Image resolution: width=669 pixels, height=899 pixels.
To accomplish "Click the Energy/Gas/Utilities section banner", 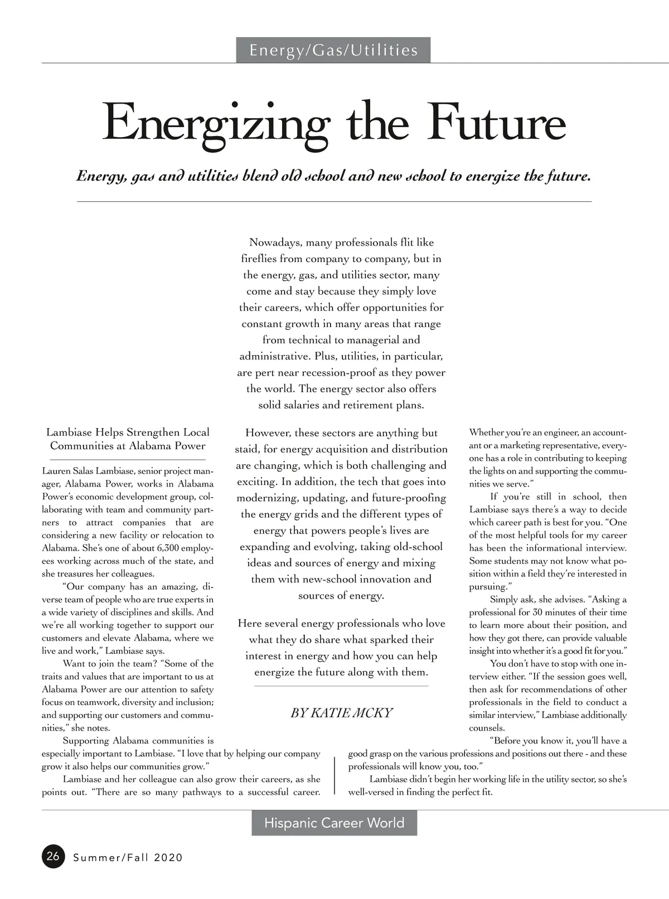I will (x=333, y=50).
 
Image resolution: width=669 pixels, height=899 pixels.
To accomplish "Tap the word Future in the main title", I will (x=497, y=123).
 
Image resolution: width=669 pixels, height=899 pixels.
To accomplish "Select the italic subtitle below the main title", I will (x=333, y=177).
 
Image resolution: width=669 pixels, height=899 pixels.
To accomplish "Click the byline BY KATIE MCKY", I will (x=341, y=713).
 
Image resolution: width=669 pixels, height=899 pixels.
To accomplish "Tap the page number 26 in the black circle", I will (x=53, y=856).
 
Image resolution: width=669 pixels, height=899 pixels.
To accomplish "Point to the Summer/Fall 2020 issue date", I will (x=128, y=858).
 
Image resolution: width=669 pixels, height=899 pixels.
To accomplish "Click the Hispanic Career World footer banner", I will (x=334, y=823).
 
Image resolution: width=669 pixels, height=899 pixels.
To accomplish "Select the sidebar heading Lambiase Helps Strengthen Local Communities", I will (x=128, y=439).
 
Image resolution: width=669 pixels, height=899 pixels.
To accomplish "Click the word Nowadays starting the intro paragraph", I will (x=276, y=242).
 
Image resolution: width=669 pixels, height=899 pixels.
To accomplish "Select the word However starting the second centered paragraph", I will (x=267, y=433).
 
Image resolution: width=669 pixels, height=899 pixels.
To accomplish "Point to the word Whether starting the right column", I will (x=486, y=433).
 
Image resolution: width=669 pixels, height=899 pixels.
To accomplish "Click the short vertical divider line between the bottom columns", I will (x=334, y=775).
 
